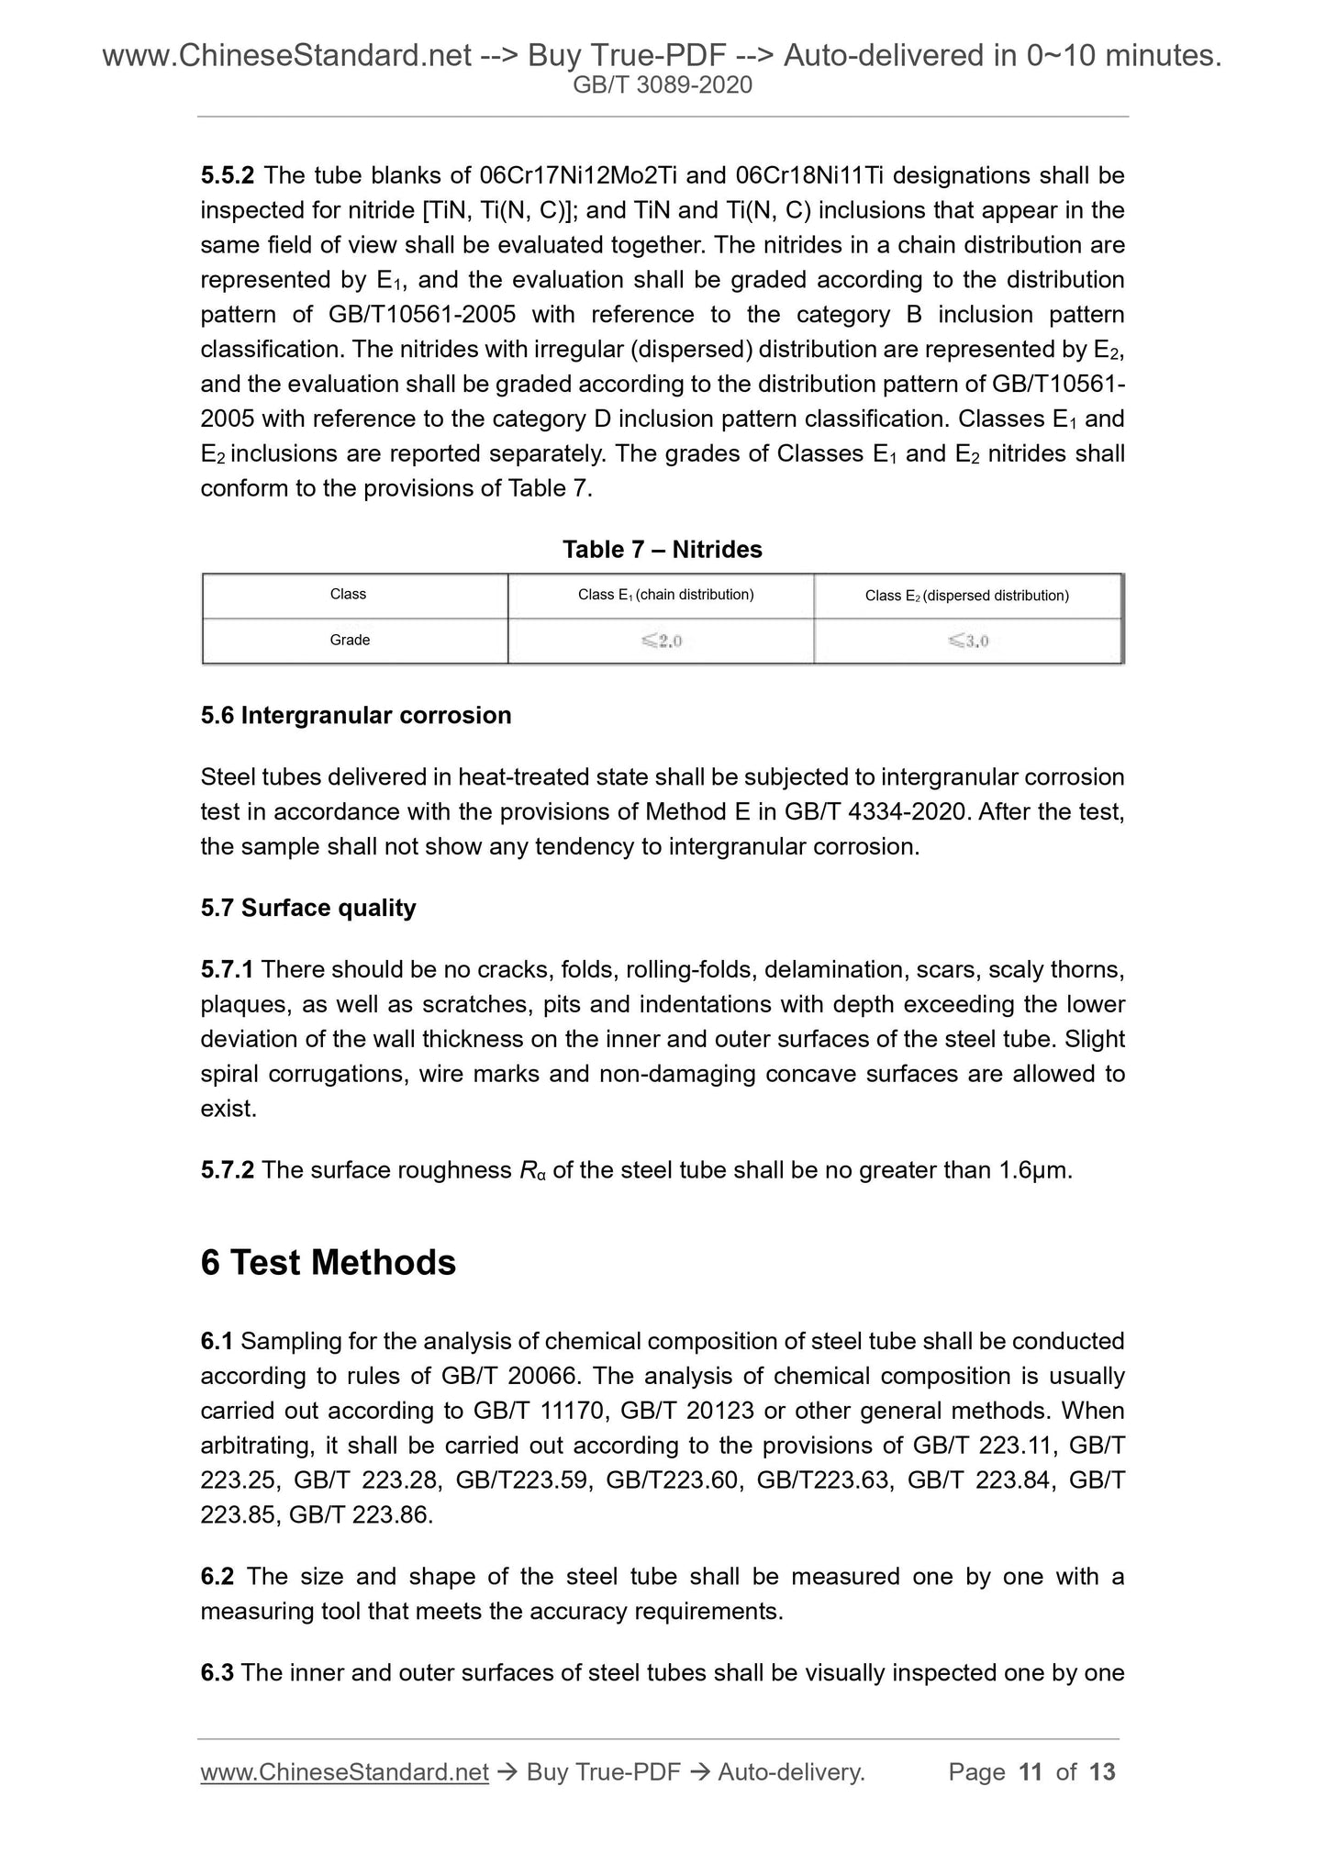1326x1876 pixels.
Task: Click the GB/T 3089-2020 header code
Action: (663, 85)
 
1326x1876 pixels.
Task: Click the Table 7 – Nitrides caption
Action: (662, 550)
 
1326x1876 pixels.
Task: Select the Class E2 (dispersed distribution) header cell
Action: (966, 596)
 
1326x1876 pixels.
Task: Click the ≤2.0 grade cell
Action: (662, 641)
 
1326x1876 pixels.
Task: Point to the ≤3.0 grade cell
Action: (968, 641)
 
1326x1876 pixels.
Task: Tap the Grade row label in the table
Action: (350, 640)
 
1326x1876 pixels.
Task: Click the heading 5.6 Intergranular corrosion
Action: (356, 715)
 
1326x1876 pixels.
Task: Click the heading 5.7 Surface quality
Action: (308, 908)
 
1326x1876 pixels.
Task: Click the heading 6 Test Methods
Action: (328, 1262)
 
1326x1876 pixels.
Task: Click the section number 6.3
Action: (217, 1673)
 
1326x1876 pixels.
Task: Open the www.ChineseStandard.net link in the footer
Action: (344, 1772)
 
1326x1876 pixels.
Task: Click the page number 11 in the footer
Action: (1031, 1772)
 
